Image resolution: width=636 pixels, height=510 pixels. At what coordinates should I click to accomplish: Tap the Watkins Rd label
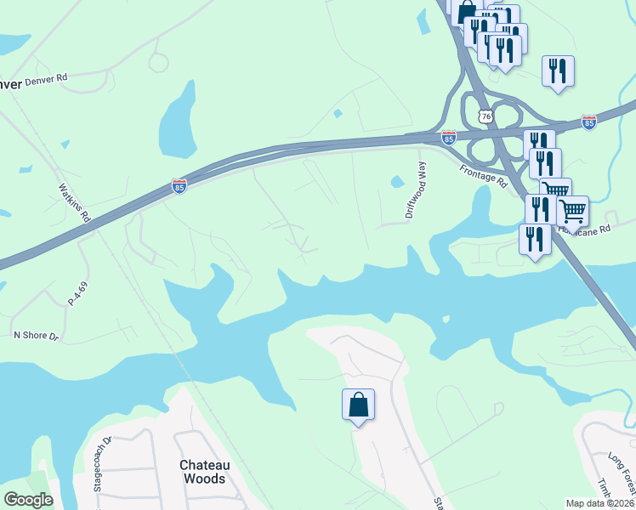click(x=75, y=203)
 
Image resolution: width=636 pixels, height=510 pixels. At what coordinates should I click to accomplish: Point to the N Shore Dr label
click(x=36, y=336)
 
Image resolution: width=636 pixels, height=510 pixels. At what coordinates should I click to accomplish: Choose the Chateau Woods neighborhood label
click(x=203, y=472)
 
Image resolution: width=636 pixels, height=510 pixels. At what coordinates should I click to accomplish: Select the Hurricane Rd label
click(x=587, y=229)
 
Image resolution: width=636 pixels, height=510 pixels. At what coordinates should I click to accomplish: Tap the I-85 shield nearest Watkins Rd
click(x=179, y=186)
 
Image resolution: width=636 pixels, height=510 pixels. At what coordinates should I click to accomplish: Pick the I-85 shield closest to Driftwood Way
click(x=449, y=138)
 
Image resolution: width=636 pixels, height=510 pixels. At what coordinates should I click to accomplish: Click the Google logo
click(x=29, y=500)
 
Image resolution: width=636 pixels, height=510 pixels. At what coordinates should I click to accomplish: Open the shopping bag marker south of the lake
click(x=358, y=405)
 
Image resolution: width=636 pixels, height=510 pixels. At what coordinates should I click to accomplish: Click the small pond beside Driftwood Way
click(x=396, y=181)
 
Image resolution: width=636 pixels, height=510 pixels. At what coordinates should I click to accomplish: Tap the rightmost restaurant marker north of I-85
click(x=558, y=71)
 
